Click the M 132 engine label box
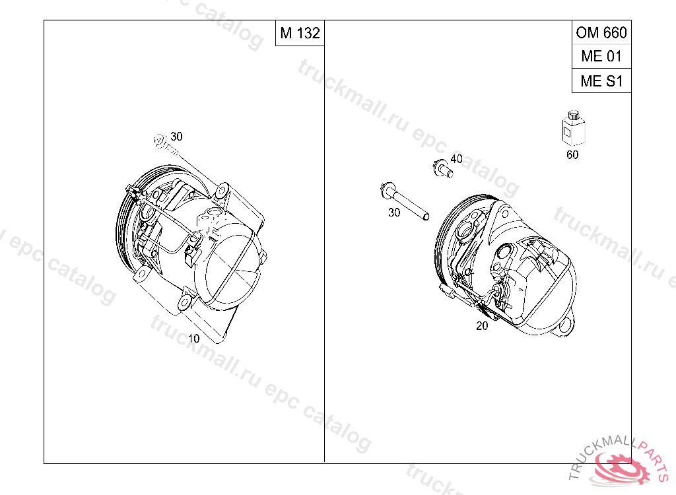point(300,33)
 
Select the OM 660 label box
point(601,32)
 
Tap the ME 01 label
point(601,56)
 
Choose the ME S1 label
point(601,81)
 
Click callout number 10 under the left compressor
point(193,339)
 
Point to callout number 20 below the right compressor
point(482,326)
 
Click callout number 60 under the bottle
point(572,154)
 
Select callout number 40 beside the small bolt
point(456,158)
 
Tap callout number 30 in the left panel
point(176,136)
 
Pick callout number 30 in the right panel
point(394,212)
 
